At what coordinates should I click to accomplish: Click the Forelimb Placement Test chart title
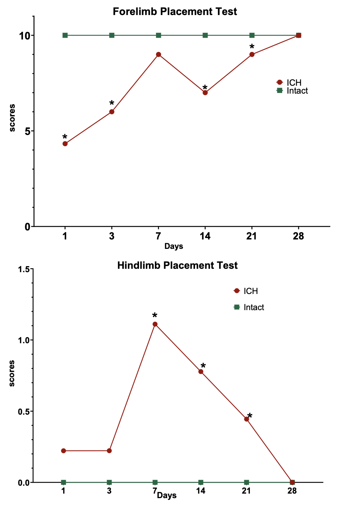point(175,12)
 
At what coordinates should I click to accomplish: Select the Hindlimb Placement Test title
point(177,265)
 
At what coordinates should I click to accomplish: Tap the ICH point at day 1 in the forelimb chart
point(65,144)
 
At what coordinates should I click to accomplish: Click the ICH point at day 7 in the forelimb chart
point(159,55)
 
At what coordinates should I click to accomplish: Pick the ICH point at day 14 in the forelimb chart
point(205,92)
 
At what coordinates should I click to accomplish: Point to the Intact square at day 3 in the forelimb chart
point(112,35)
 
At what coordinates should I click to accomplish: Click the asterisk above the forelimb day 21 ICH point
point(252,47)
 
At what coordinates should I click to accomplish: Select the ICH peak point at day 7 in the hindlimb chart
point(155,324)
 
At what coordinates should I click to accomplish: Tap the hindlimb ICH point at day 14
point(201,372)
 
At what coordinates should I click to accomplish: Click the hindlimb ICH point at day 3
point(109,451)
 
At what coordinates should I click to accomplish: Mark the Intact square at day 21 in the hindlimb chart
point(247,482)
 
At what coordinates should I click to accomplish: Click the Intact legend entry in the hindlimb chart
point(249,308)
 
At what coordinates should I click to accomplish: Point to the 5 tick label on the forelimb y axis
point(27,131)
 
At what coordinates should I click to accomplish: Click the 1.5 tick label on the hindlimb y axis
point(23,269)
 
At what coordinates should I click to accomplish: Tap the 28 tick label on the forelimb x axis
point(298,236)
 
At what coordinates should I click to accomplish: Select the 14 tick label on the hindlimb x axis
point(201,491)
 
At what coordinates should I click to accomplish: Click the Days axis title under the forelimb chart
point(174,246)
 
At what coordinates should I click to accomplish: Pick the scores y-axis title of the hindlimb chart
point(12,373)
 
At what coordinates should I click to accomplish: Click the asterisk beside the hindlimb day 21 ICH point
point(250,416)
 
